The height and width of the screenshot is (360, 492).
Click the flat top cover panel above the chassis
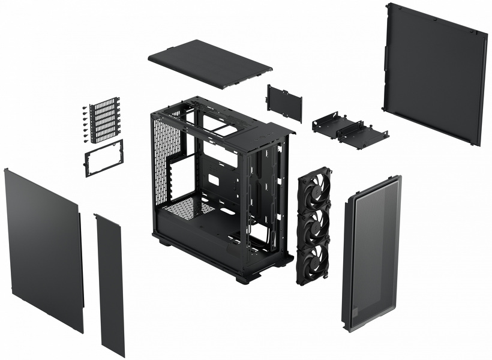pyautogui.click(x=209, y=63)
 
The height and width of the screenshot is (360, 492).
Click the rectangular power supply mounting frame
pyautogui.click(x=104, y=158)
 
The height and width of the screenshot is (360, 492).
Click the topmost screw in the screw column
pyautogui.click(x=83, y=109)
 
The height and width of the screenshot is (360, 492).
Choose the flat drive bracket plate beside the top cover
pyautogui.click(x=284, y=103)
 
